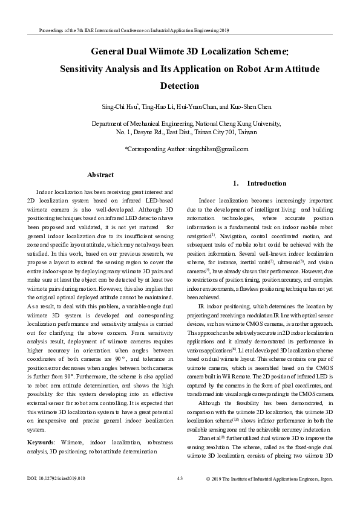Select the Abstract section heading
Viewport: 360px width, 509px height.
click(x=100, y=175)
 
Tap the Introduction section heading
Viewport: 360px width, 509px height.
click(x=264, y=183)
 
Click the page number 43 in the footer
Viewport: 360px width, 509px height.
click(x=180, y=496)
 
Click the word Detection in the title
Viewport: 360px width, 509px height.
click(x=180, y=85)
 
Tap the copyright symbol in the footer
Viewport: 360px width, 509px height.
click(x=209, y=496)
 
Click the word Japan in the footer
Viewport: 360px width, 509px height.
click(x=326, y=496)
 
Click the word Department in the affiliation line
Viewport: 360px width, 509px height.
click(x=108, y=123)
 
